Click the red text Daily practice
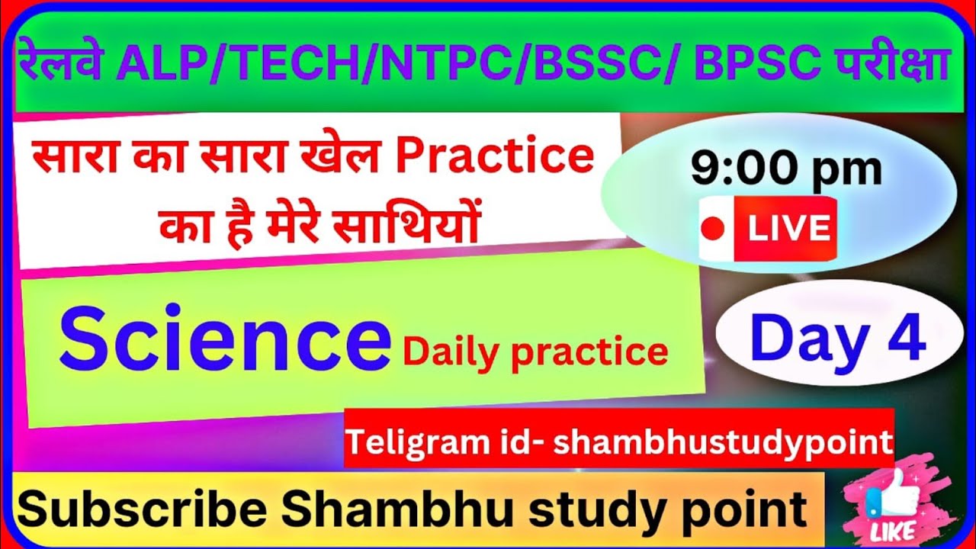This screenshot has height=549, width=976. tap(535, 351)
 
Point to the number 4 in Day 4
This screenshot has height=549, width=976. tap(907, 338)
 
